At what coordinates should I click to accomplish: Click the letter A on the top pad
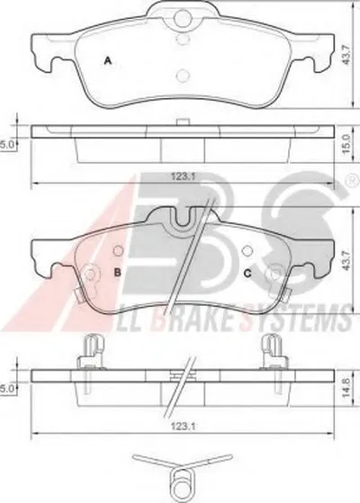click(108, 60)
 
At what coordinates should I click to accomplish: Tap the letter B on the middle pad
click(118, 273)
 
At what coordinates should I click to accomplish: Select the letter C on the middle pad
click(247, 274)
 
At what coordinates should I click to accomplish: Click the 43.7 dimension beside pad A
click(346, 55)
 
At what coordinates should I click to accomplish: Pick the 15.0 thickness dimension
click(346, 144)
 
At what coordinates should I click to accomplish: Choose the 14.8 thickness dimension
click(346, 387)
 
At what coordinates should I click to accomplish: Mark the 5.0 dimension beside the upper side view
click(5, 145)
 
